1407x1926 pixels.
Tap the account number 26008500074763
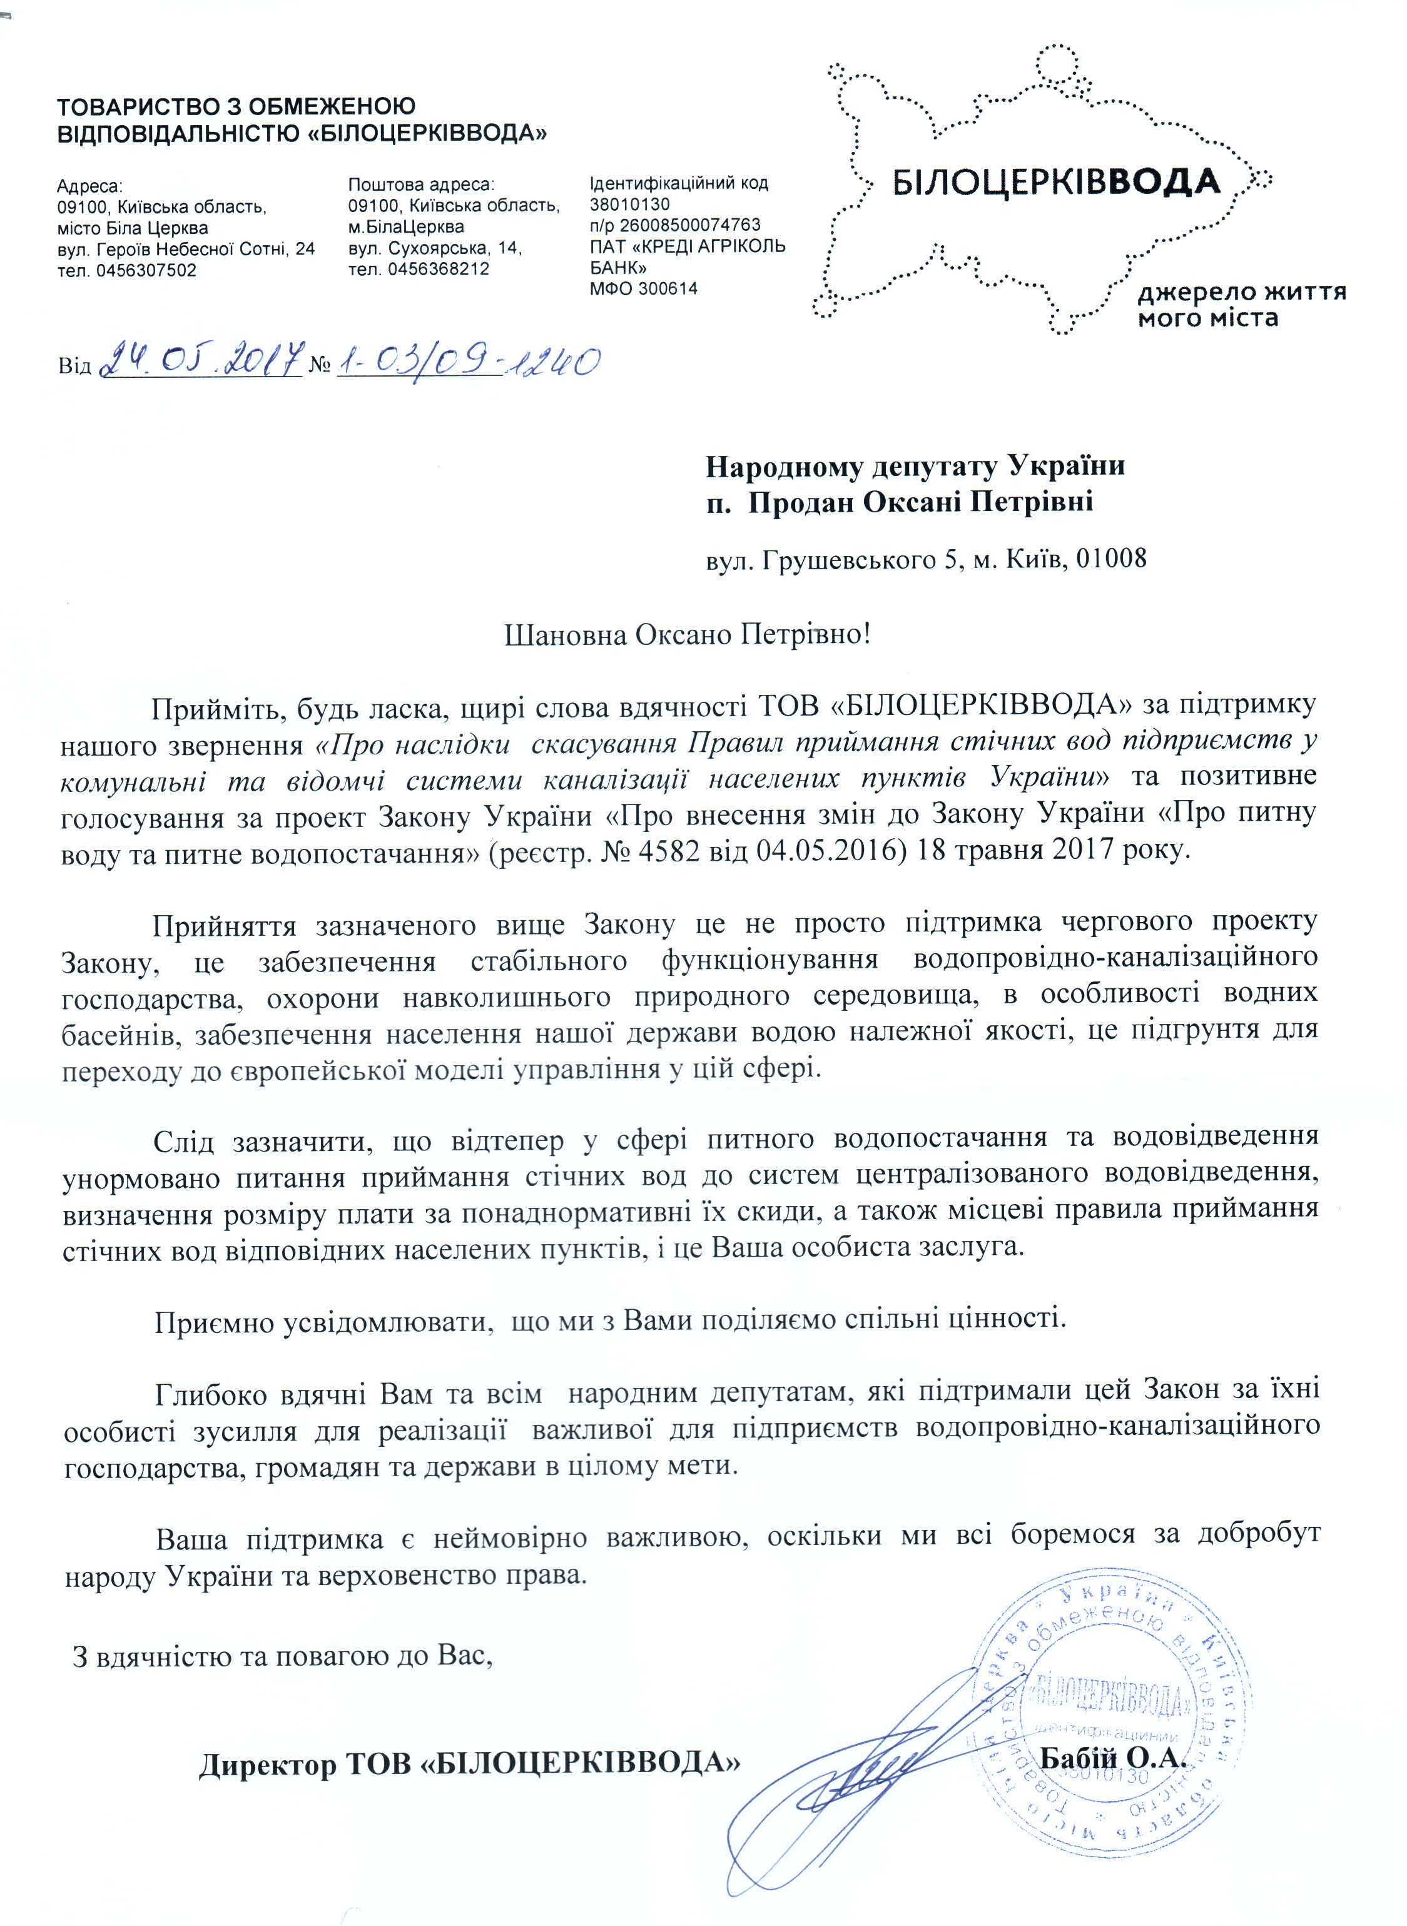(690, 226)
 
